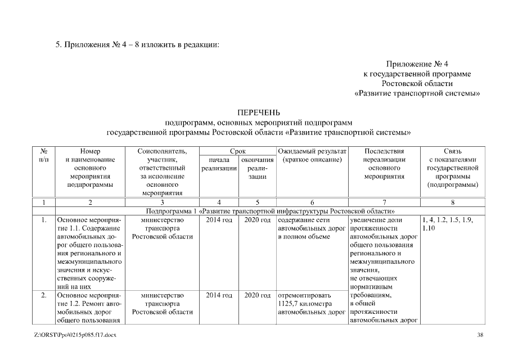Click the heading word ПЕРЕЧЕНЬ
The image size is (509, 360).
coord(259,112)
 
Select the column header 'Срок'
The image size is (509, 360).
coord(238,151)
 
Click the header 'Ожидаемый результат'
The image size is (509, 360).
coord(312,151)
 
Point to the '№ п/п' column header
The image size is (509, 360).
coord(44,155)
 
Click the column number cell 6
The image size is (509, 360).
coord(312,202)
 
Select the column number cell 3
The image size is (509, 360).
coord(161,202)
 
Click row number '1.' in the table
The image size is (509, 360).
coord(44,220)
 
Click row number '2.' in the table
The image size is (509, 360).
coord(44,295)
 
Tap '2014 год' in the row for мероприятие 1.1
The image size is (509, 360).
coord(219,220)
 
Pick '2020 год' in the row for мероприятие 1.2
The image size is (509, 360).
coord(257,295)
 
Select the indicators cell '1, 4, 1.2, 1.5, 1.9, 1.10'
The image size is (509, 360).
coord(447,224)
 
